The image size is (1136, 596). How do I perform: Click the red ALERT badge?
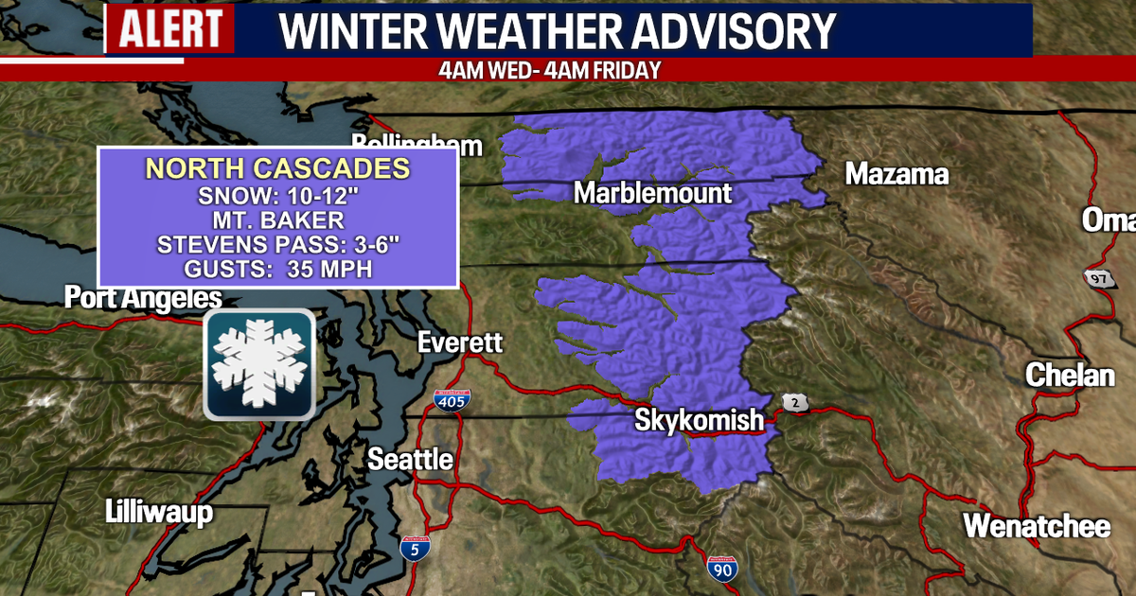[x=169, y=30]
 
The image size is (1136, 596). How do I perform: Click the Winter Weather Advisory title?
[x=559, y=30]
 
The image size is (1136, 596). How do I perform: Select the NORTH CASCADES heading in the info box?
[x=277, y=169]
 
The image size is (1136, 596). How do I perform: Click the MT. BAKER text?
[x=277, y=220]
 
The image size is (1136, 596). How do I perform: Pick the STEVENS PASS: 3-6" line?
[x=277, y=245]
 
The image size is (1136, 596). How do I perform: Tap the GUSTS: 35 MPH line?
[x=277, y=270]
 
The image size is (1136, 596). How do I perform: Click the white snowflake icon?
[x=258, y=364]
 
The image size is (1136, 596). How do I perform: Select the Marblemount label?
[x=653, y=194]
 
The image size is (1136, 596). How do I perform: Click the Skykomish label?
[x=699, y=419]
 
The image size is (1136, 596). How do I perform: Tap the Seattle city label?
[x=410, y=460]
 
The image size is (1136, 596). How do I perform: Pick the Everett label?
[x=461, y=342]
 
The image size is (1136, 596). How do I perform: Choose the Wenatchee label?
[x=1037, y=525]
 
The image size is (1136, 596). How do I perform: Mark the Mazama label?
[x=896, y=175]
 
